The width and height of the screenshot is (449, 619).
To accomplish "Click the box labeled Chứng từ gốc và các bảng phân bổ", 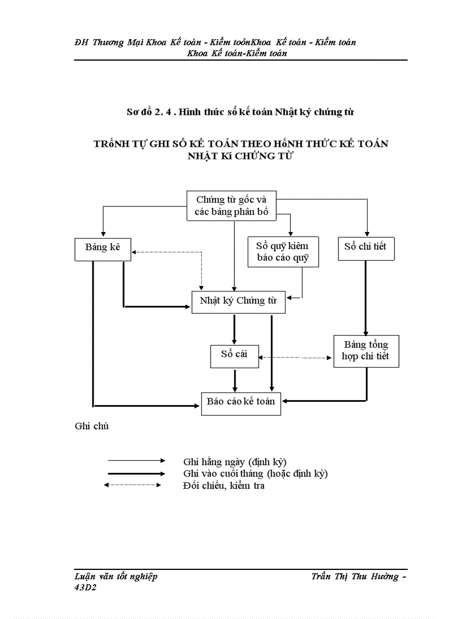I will tap(232, 206).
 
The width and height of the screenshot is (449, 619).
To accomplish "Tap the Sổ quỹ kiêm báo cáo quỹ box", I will tap(283, 252).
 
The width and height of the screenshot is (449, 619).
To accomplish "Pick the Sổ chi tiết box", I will tap(365, 247).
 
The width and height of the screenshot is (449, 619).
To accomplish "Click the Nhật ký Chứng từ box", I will tap(238, 302).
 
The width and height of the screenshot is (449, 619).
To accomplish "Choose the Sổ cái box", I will tap(234, 356).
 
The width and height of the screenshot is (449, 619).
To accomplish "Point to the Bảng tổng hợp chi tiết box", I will tap(365, 351).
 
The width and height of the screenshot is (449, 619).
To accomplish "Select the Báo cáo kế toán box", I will tap(241, 402).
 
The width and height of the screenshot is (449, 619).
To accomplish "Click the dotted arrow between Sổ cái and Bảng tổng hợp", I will tap(295, 357).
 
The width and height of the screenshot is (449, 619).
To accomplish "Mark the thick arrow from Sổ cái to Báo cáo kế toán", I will tap(235, 380).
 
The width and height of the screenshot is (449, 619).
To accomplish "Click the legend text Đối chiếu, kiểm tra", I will tap(223, 486).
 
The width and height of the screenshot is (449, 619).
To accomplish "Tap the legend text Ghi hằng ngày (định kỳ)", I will tap(234, 461).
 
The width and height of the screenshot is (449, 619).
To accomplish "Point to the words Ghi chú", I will tap(91, 426).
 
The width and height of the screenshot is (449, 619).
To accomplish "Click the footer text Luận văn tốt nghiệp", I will tap(116, 577).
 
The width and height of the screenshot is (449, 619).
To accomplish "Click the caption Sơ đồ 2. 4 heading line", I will tap(240, 112).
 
